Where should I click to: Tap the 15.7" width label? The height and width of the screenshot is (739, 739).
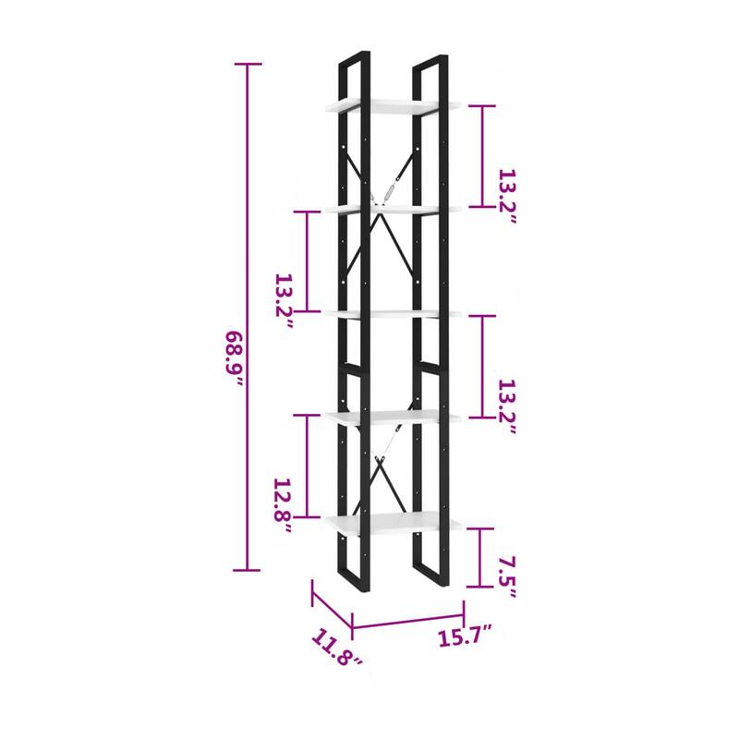tap(466, 636)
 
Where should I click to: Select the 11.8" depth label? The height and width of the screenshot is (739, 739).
tap(336, 647)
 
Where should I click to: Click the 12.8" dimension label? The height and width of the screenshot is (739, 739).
tap(284, 505)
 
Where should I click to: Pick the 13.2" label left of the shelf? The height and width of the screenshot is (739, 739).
tap(285, 301)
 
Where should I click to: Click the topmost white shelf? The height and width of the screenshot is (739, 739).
tap(392, 106)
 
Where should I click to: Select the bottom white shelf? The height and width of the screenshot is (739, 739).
tap(392, 523)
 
